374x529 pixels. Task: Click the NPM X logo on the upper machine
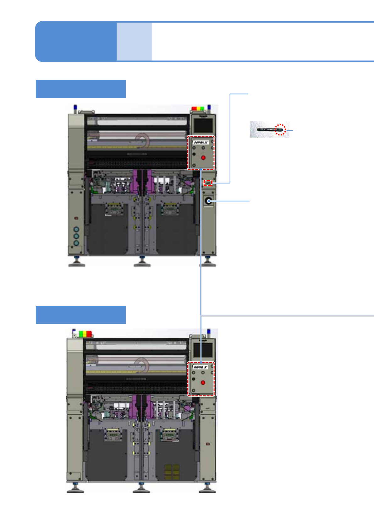coord(201,142)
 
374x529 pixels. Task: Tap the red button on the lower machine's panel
coord(203,383)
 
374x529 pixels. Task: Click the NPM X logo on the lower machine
coord(201,367)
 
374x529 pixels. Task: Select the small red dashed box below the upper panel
coord(208,183)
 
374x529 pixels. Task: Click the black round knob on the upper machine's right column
coord(208,201)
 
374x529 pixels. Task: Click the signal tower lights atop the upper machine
coord(198,109)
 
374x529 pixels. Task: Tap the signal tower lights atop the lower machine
coord(85,333)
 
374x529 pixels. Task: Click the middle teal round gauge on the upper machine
coord(76,236)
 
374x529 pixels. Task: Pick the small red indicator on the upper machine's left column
coord(76,218)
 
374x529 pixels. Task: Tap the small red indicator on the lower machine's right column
coord(207,444)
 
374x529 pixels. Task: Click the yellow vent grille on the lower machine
coord(172,472)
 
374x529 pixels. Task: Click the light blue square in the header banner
coord(134,41)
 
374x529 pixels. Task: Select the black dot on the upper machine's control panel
coord(194,154)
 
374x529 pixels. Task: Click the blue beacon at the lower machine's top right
coord(209,332)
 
